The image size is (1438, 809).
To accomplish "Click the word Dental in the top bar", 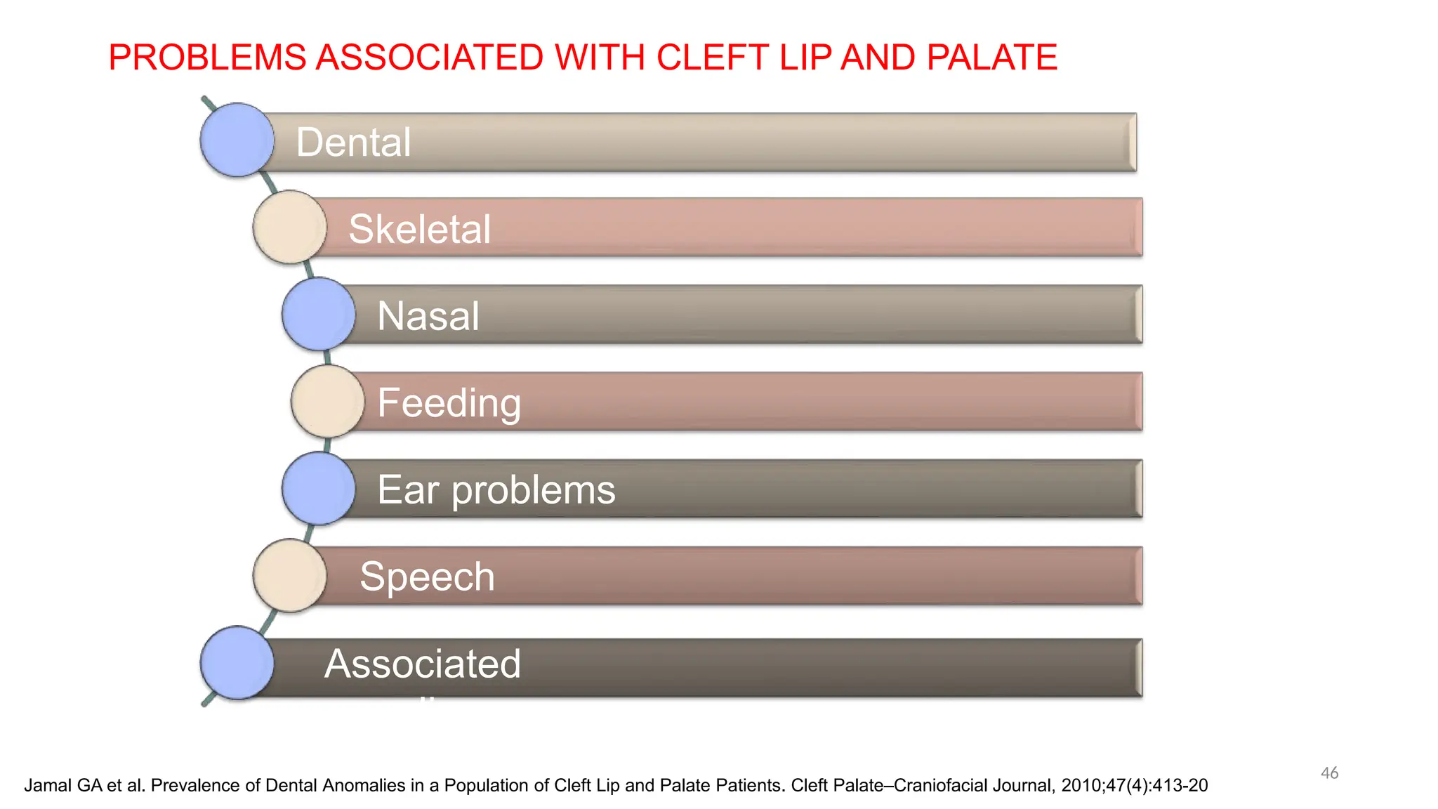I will [x=353, y=143].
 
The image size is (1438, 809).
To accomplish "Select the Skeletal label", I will [x=419, y=229].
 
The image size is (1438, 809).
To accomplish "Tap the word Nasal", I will [x=428, y=316].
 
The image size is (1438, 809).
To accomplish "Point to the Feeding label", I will [x=449, y=403].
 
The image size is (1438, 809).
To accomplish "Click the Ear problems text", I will [x=496, y=490].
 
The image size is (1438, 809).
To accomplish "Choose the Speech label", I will [x=427, y=577].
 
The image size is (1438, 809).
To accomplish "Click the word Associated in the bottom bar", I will [x=422, y=664].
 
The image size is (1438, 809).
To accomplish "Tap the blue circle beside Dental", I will [x=237, y=140].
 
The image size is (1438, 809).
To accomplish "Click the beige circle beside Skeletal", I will [x=289, y=227].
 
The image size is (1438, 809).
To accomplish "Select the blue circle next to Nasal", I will [x=318, y=314].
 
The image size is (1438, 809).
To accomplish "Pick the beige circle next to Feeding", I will [x=327, y=401].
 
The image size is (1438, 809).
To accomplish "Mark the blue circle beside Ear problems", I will [x=318, y=488].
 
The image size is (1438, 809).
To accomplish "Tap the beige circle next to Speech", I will [x=289, y=575].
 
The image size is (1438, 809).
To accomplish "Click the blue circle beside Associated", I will [x=237, y=662].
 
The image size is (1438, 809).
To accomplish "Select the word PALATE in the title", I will [x=991, y=58].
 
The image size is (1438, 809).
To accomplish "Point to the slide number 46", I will [x=1329, y=773].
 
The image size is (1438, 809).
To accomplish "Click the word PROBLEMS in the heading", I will [x=208, y=58].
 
